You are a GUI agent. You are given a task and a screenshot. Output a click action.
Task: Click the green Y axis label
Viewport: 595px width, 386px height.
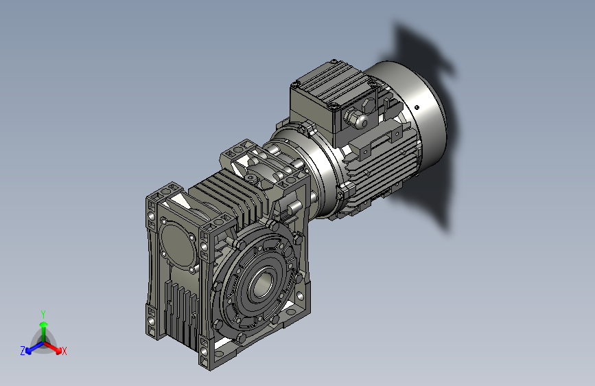43,313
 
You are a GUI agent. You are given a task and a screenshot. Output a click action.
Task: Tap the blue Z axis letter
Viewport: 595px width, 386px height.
23,351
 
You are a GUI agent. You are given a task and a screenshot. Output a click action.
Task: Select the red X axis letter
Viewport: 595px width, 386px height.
65,352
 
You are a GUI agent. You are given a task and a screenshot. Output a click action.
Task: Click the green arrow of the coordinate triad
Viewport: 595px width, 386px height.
43,327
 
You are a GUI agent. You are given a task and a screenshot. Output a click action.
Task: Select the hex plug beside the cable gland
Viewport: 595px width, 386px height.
369,106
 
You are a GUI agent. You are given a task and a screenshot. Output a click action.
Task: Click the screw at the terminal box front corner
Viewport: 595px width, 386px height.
334,106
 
